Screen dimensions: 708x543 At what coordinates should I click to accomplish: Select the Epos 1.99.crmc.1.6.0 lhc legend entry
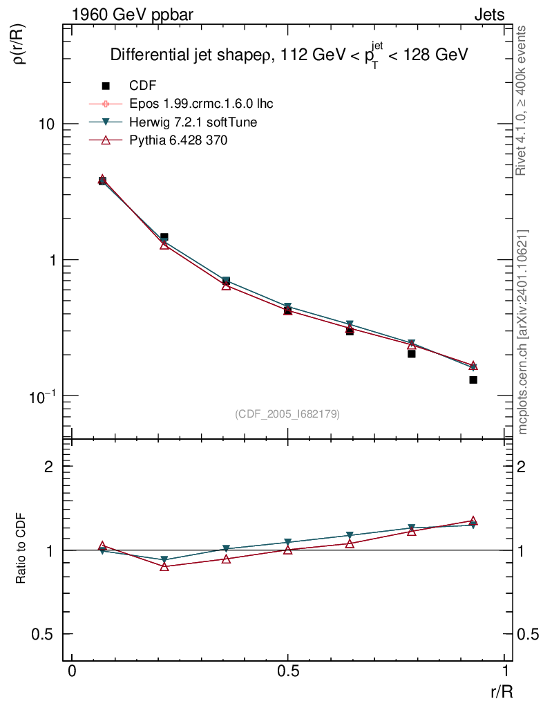[201, 104]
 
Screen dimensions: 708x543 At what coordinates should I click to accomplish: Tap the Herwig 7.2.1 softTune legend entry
[193, 122]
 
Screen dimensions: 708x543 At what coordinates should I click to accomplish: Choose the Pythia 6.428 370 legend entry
[178, 140]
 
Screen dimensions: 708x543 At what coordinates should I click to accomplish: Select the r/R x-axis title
[497, 691]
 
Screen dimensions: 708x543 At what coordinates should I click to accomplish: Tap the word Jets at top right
[488, 14]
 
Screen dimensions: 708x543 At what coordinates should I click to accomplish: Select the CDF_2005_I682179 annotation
[287, 414]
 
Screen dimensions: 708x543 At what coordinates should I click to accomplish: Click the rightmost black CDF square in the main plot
[473, 380]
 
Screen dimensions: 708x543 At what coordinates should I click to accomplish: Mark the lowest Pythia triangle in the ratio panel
[164, 566]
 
